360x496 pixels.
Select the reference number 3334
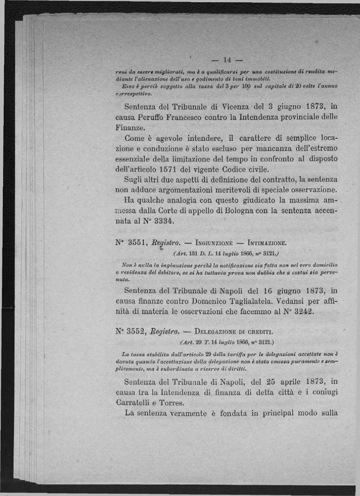click(x=164, y=221)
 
